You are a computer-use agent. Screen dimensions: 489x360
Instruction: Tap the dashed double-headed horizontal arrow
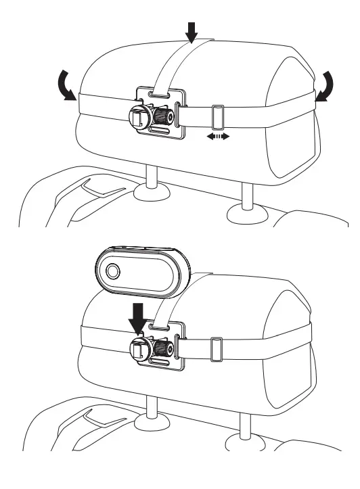tap(218, 137)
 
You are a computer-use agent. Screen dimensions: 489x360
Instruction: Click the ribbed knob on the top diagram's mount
tap(162, 116)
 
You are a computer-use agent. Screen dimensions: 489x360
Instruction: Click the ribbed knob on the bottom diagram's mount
tap(162, 349)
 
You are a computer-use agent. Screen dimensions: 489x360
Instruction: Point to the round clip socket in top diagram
tap(138, 117)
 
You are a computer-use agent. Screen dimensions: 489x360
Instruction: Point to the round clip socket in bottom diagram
tap(138, 350)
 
